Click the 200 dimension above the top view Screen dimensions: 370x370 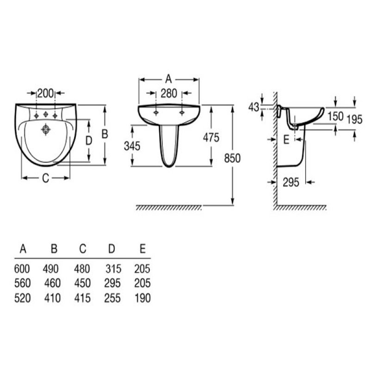coord(45,93)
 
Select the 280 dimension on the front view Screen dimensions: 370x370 coord(169,93)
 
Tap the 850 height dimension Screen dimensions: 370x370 coord(232,158)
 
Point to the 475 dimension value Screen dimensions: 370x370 coord(211,137)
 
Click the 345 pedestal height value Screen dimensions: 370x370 coord(132,146)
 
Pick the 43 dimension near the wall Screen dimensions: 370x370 coord(253,107)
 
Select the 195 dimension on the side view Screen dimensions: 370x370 coord(354,119)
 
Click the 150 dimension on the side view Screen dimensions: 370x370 coord(335,116)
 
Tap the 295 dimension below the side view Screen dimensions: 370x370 coord(291,182)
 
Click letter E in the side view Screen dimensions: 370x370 coord(286,140)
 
